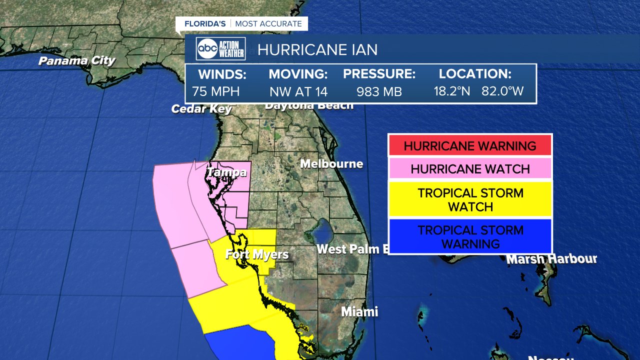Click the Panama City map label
pos(77,61)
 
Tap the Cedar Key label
pos(201,108)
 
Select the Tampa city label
pos(226,172)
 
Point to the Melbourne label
pos(331,164)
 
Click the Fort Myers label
pos(257,254)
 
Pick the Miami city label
pos(359,311)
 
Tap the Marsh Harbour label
pos(551,259)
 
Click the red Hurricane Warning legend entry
pos(470,146)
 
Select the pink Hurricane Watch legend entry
pos(470,169)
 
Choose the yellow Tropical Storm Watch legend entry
pos(470,199)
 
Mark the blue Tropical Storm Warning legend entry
pos(470,236)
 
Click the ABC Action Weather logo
pos(220,49)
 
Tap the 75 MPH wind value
pos(216,92)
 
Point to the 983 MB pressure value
pos(379,92)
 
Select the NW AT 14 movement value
pos(298,92)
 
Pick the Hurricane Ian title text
pos(317,49)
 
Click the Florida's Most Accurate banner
pos(243,24)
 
